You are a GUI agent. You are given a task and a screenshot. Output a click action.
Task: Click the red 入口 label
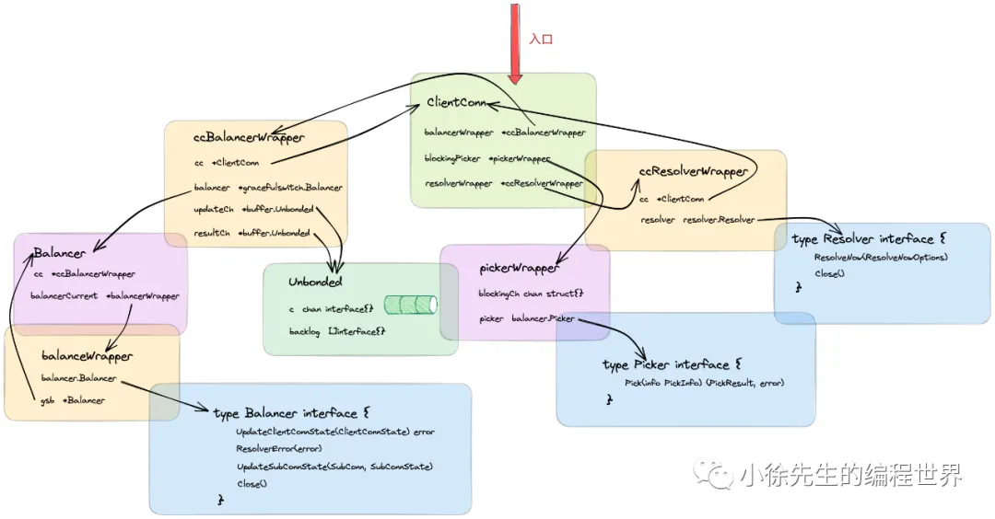point(541,40)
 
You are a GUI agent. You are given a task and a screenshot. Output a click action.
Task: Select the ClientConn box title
point(456,102)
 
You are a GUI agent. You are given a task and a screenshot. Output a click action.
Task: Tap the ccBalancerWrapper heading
point(249,138)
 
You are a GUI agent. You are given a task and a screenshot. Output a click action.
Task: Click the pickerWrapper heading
point(520,268)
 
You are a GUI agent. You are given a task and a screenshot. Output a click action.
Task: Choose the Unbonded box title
point(315,282)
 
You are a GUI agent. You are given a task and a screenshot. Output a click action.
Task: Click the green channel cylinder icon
point(410,305)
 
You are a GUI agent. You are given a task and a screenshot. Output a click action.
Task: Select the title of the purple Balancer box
point(60,252)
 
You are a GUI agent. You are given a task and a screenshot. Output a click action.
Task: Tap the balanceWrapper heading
point(87,355)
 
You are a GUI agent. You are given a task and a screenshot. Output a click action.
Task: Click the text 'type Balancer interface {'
point(291,413)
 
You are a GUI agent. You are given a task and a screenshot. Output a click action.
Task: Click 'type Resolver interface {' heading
point(862,239)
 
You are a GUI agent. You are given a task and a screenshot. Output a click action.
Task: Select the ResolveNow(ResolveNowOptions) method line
point(881,257)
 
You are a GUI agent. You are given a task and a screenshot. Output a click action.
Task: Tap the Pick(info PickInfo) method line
point(705,383)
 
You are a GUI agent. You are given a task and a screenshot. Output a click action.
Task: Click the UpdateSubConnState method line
point(334,467)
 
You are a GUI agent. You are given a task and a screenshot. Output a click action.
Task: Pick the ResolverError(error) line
point(279,449)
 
